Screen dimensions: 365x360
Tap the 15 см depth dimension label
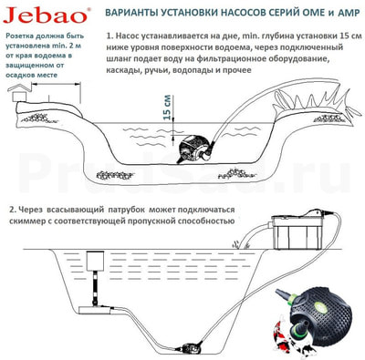pos(168,108)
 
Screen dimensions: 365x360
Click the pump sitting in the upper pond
pos(195,149)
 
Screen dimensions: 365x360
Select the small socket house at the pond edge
pos(19,93)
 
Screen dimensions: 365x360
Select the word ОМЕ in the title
pos(309,13)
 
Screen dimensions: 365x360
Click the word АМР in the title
pos(348,13)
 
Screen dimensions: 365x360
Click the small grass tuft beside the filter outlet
pos(237,244)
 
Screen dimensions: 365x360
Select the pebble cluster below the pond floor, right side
pos(235,173)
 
